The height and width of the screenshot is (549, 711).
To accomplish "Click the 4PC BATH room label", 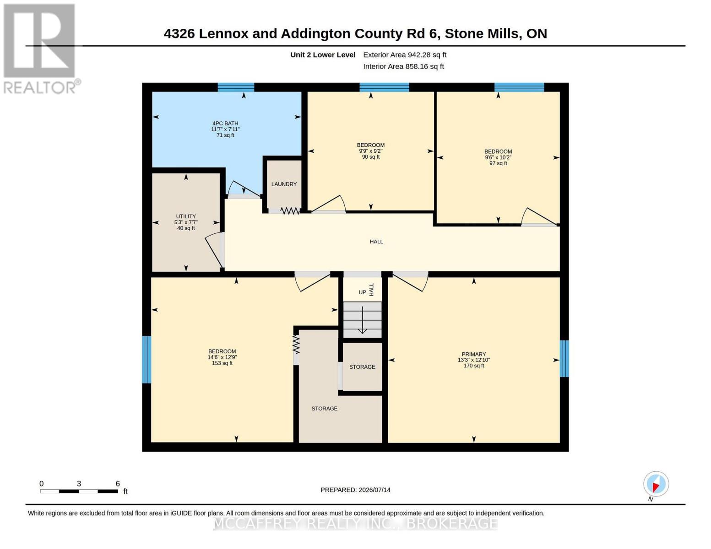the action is pos(225,123).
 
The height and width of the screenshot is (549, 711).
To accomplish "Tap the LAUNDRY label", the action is pos(284,184).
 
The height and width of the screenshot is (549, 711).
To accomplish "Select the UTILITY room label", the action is pos(186,216).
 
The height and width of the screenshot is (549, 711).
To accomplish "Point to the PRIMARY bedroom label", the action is pos(473,354).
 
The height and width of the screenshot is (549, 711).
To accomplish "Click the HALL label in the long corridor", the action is pos(376,242).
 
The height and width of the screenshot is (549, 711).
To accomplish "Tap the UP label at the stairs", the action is pos(362,292).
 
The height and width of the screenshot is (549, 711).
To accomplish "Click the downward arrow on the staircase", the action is pos(363,320).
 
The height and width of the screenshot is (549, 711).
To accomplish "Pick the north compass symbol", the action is pos(656,484).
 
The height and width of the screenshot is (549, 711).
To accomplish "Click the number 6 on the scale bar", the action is pos(118,484).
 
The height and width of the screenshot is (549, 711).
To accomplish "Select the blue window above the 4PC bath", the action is pos(236,87).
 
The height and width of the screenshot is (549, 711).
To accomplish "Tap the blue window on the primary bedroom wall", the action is pos(564,359).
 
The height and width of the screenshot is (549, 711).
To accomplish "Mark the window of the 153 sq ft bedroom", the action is pos(147,359).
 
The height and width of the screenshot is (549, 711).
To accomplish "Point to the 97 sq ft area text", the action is pos(498,163).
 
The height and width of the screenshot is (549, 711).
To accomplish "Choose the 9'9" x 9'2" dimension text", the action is pos(370,151).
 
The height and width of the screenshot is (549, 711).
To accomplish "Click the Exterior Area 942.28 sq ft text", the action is pos(405,55).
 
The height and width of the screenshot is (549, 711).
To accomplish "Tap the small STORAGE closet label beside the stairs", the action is pos(362,367).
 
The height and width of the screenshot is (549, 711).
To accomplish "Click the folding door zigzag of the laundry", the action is pos(290,211).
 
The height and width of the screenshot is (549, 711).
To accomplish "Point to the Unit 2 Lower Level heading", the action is pos(323,55).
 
